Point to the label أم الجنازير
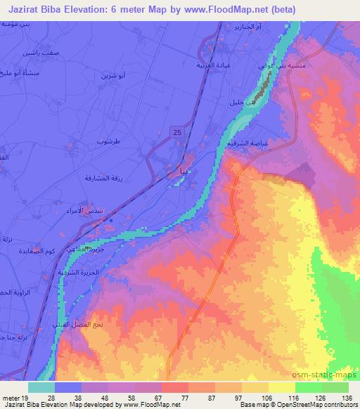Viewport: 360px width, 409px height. click(x=252, y=26)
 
